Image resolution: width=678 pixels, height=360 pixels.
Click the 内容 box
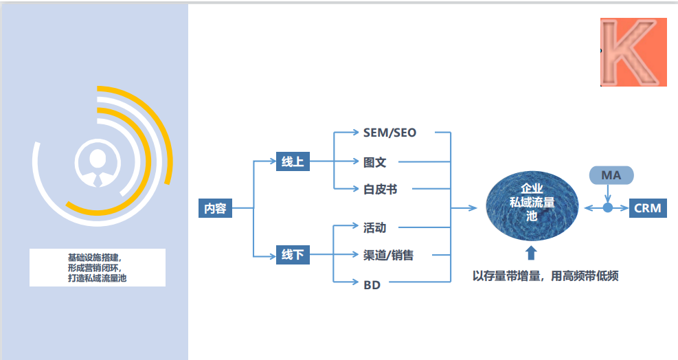click(x=215, y=207)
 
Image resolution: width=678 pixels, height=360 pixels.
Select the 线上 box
click(x=293, y=162)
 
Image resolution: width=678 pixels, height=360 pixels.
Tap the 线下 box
click(x=293, y=255)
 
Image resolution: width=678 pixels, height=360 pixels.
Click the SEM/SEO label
click(x=389, y=132)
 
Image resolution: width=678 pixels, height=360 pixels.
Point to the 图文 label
click(x=374, y=162)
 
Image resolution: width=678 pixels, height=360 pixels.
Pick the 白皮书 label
click(x=380, y=189)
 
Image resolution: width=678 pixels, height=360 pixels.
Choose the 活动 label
click(x=374, y=227)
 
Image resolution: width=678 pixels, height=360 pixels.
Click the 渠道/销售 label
click(x=388, y=255)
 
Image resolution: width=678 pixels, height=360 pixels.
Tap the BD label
click(x=372, y=283)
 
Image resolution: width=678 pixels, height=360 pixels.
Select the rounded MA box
click(x=611, y=175)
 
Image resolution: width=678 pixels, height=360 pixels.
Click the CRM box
click(x=647, y=207)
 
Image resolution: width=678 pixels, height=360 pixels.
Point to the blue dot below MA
click(x=608, y=207)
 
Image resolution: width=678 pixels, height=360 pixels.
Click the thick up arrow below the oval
click(x=530, y=253)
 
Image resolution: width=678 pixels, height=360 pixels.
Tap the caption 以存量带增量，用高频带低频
click(x=545, y=277)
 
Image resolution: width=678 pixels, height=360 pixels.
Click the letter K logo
click(x=633, y=52)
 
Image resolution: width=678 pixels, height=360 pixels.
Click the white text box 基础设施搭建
click(x=97, y=267)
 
